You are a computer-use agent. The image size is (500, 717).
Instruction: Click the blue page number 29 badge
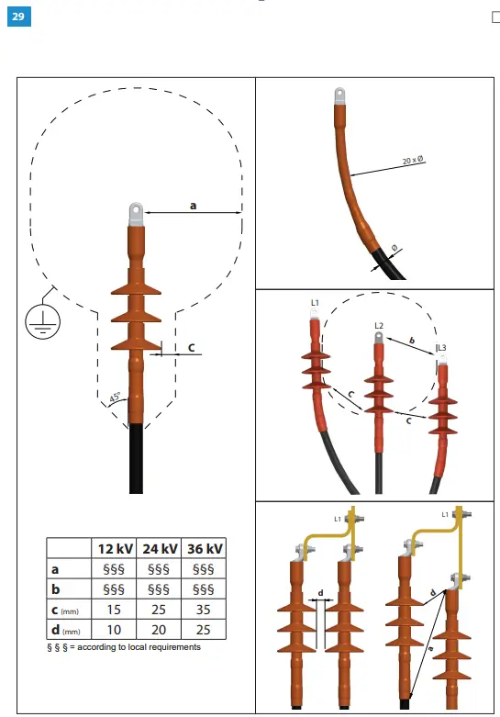point(18,17)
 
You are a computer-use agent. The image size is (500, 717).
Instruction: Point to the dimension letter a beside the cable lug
point(193,206)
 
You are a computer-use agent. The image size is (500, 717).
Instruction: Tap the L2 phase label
point(378,325)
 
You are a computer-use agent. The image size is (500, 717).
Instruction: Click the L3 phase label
point(441,348)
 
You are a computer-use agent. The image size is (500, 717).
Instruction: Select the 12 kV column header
point(116,548)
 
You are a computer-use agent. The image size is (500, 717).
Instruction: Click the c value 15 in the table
point(116,610)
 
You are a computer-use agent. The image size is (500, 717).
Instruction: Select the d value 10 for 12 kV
point(116,630)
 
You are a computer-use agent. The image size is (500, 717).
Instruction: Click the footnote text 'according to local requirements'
point(138,647)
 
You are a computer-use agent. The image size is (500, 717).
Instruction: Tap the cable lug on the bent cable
point(339,95)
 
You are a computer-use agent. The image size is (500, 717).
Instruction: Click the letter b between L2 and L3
point(412,341)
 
